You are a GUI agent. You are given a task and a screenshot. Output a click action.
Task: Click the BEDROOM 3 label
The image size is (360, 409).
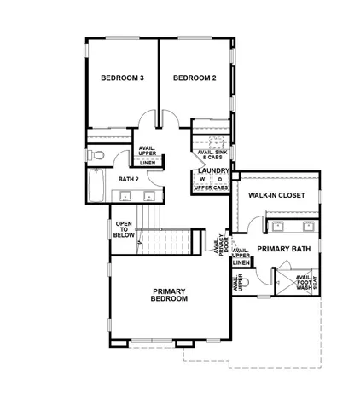click(x=122, y=78)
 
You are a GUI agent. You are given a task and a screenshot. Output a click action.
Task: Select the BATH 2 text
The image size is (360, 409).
click(x=128, y=180)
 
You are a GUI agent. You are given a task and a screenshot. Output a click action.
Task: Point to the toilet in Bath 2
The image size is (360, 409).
click(x=96, y=154)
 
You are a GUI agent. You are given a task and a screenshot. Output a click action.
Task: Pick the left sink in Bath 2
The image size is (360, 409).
click(x=125, y=196)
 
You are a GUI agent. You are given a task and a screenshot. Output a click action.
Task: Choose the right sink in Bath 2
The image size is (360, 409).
click(x=149, y=196)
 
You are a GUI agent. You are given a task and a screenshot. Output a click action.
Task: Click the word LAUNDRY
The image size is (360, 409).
click(x=212, y=170)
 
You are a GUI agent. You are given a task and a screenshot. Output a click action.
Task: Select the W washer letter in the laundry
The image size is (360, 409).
click(x=202, y=180)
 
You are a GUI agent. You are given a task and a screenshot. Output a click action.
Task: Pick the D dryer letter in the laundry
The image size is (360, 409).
click(x=220, y=180)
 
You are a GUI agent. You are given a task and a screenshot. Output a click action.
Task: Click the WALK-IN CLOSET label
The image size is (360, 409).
click(x=276, y=195)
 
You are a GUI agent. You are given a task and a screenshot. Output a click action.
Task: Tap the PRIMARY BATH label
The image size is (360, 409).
click(x=283, y=249)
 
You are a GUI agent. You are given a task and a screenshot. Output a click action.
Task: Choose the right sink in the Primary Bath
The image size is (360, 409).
click(x=307, y=226)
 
